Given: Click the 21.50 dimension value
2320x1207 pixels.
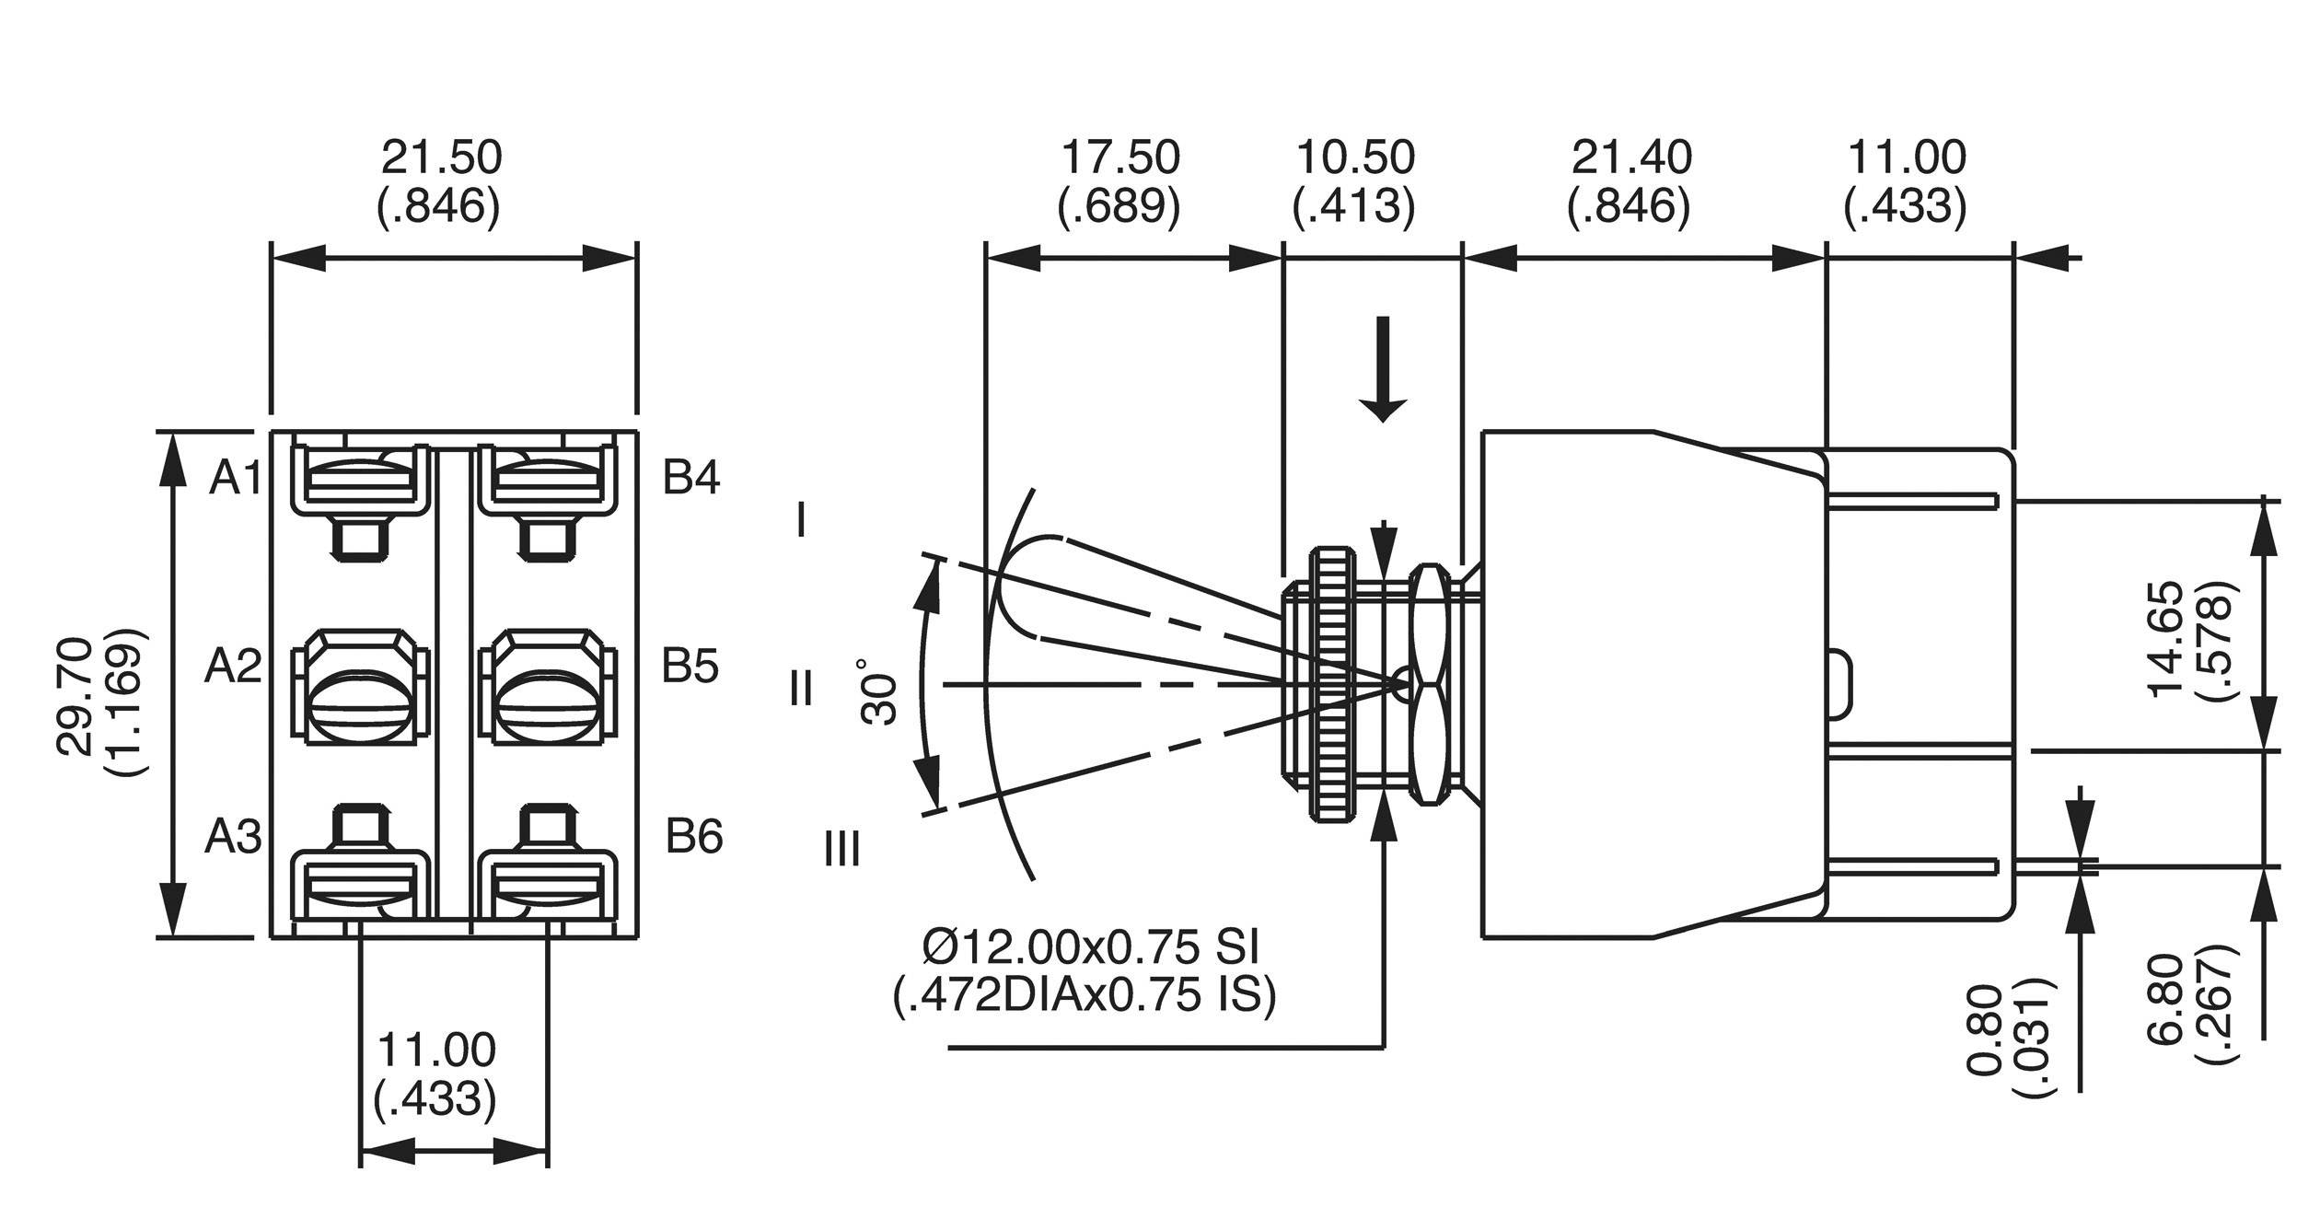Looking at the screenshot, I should coord(441,157).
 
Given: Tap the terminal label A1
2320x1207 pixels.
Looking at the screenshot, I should coord(235,478).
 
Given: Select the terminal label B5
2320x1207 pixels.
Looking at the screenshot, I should coord(690,666).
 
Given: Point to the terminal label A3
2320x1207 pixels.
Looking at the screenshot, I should coord(233,837).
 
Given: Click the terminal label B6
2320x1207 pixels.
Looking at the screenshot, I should coord(694,837).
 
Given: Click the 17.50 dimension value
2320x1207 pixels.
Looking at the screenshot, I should coord(1119,157).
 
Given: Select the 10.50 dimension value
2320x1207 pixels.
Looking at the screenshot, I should coord(1354,157).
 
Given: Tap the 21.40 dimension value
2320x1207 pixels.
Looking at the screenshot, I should coord(1630,157).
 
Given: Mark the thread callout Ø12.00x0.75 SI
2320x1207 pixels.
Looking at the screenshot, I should coord(1090,946).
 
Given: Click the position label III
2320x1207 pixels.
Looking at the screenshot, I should coord(841,848).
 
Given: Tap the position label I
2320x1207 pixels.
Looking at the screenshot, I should coord(802,518).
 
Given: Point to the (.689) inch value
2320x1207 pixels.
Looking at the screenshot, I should coord(1119,206).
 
